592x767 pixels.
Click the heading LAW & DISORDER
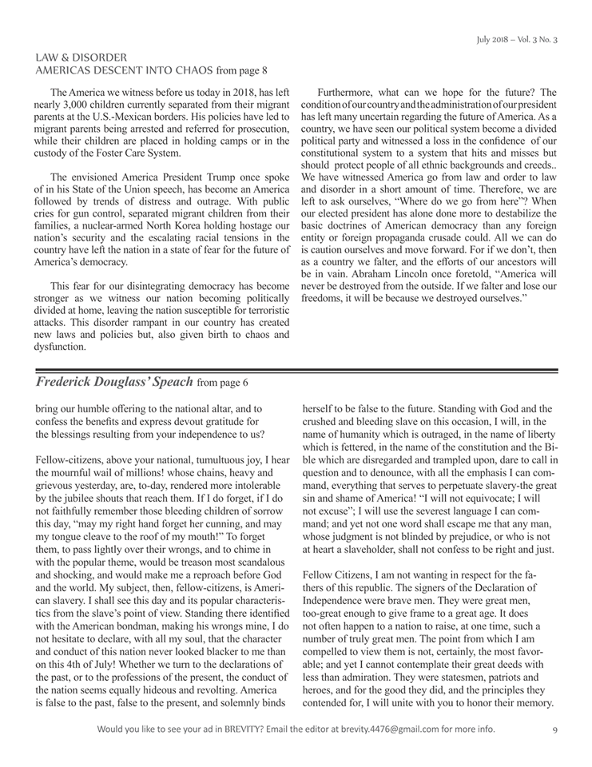tap(81, 58)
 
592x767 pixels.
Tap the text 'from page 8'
tap(242, 71)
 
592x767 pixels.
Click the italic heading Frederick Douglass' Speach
tap(113, 382)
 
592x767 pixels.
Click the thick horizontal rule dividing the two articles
tap(296, 370)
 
